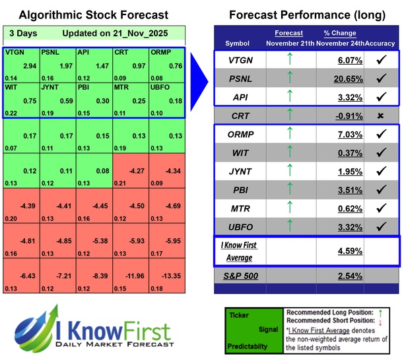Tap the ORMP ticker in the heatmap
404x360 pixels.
[x=160, y=51]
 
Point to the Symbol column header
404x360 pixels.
[x=238, y=43]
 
